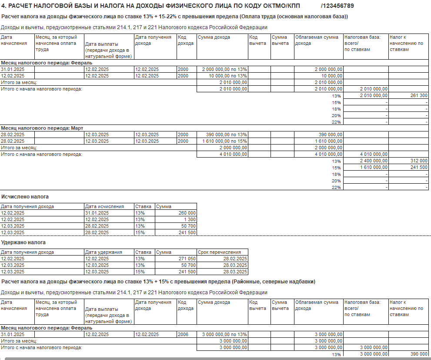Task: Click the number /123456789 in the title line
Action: tap(337, 6)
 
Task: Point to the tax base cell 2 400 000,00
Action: tap(373, 161)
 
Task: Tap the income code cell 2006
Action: tap(183, 334)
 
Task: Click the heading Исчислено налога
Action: tap(25, 197)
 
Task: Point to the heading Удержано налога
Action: tap(23, 242)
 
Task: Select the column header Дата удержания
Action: tap(104, 252)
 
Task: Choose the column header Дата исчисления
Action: tap(104, 206)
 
